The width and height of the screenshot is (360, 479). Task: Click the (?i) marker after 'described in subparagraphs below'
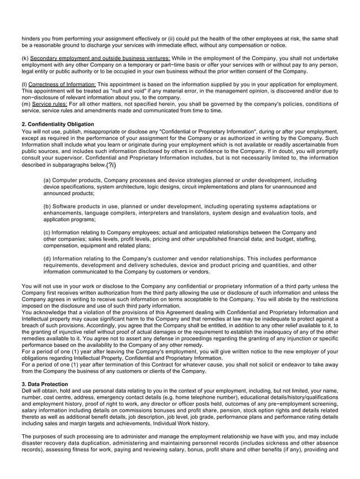[111, 165]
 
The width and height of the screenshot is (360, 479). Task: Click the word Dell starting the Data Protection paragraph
[27, 390]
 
